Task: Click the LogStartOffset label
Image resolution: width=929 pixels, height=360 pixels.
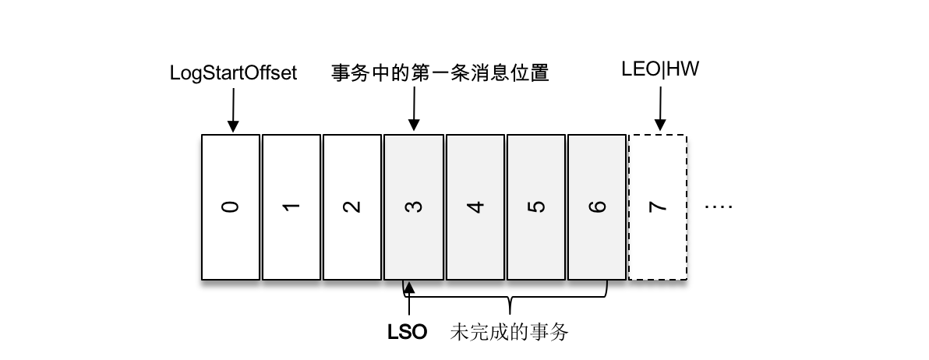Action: pos(233,73)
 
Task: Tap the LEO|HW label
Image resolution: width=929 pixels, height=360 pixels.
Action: pos(660,70)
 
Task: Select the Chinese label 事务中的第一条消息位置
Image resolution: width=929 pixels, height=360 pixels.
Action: pos(440,73)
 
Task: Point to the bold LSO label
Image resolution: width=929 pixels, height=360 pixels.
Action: pos(408,333)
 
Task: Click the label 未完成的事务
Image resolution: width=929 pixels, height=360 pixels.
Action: pos(509,333)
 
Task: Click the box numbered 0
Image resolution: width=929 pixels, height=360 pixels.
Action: pos(231,206)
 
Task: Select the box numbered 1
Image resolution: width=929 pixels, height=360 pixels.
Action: pos(291,206)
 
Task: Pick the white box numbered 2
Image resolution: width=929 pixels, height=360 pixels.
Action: pos(352,206)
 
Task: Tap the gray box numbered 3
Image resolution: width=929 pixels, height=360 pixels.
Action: pos(413,206)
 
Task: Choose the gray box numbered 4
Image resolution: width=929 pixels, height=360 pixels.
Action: pos(475,206)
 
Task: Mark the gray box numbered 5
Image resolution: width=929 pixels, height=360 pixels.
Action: pos(535,206)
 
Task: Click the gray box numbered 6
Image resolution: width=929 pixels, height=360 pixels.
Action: pos(597,206)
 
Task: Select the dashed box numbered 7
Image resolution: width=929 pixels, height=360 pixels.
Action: pos(658,206)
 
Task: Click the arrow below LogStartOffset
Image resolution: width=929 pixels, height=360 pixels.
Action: pos(231,108)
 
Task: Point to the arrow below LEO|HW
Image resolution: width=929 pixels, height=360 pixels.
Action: pos(660,108)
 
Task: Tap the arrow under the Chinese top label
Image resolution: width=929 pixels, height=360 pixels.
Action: pos(414,108)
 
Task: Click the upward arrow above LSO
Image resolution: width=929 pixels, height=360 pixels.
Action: pos(408,300)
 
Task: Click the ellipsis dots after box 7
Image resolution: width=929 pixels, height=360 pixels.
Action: pos(718,207)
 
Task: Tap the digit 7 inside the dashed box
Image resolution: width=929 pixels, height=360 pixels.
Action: pos(659,207)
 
